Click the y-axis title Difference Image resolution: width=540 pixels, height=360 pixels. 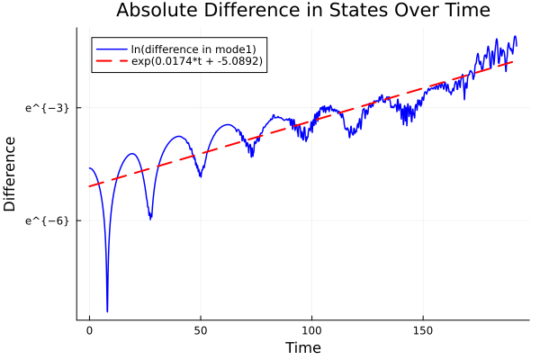pyautogui.click(x=11, y=174)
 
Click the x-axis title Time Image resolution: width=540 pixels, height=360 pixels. pyautogui.click(x=302, y=347)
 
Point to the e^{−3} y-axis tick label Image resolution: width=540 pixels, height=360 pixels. pyautogui.click(x=47, y=107)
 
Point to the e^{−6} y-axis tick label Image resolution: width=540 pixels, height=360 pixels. pyautogui.click(x=47, y=220)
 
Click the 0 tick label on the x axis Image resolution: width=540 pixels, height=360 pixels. pyautogui.click(x=89, y=330)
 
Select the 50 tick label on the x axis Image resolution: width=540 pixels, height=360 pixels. pyautogui.click(x=201, y=330)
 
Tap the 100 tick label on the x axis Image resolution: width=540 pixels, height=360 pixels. pyautogui.click(x=312, y=330)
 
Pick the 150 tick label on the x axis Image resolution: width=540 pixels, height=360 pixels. pyautogui.click(x=424, y=330)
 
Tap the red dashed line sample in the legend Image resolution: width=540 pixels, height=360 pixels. pyautogui.click(x=111, y=61)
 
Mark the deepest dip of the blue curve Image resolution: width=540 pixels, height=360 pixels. pyautogui.click(x=107, y=310)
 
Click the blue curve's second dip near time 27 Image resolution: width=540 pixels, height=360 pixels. pyautogui.click(x=150, y=218)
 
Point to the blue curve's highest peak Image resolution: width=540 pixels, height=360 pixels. pyautogui.click(x=515, y=36)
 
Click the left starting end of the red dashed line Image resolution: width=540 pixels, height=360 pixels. pyautogui.click(x=89, y=186)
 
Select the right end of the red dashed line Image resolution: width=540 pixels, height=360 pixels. pyautogui.click(x=514, y=61)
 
